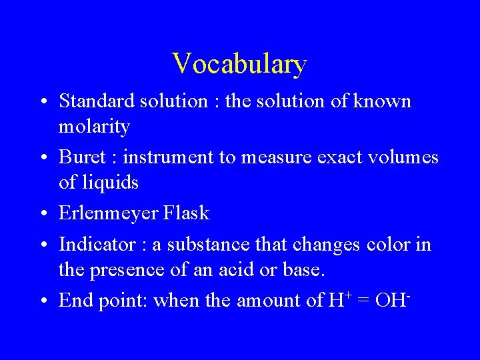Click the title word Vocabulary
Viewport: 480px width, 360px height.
pyautogui.click(x=239, y=64)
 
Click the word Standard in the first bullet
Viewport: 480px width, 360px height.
pyautogui.click(x=97, y=101)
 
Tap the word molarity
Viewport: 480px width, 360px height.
pyautogui.click(x=94, y=125)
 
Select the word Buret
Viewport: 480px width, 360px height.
pyautogui.click(x=79, y=157)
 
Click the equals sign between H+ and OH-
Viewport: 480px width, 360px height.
pyautogui.click(x=363, y=301)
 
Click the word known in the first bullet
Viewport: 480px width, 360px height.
pyautogui.click(x=381, y=101)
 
